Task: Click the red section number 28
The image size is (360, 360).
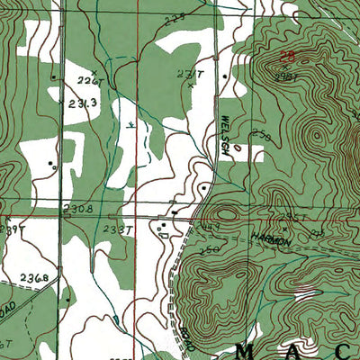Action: click(286, 57)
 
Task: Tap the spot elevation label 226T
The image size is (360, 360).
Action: click(86, 80)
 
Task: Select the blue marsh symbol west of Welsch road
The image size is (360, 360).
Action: click(132, 125)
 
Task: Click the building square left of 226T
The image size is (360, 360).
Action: click(55, 76)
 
